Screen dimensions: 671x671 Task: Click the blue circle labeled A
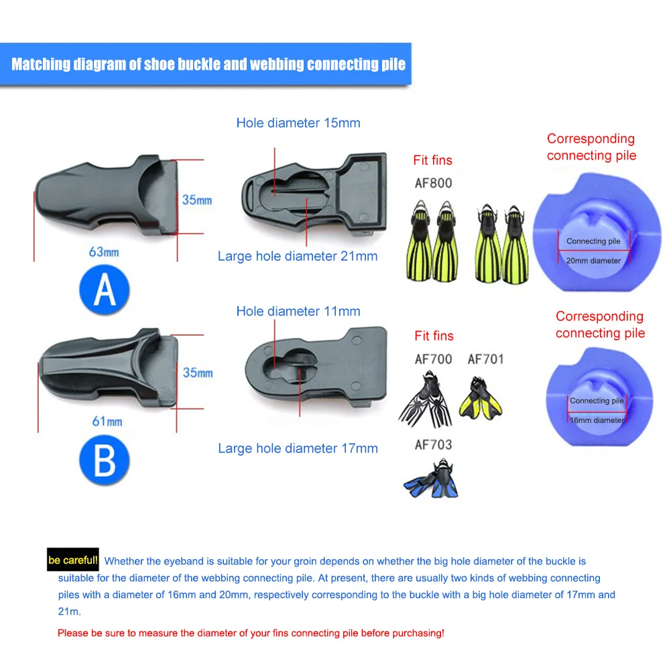pos(105,290)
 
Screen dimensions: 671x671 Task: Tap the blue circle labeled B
pos(105,462)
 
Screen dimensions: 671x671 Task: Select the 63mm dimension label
pos(104,252)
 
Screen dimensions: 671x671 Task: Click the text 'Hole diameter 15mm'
pos(298,123)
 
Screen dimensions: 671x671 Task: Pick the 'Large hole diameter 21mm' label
pos(298,256)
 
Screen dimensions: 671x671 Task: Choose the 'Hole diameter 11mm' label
pos(298,311)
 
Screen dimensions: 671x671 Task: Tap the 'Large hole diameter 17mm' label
pos(298,448)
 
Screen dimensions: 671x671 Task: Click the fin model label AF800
pos(433,183)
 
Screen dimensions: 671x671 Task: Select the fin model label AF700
pos(433,359)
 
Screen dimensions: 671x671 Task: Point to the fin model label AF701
pos(485,359)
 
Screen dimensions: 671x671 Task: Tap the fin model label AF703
pos(433,444)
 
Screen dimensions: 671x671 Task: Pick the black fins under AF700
pos(426,403)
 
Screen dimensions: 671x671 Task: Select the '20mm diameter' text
pos(594,261)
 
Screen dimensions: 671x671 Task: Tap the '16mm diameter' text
pos(597,420)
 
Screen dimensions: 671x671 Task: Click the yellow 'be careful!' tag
pos(73,560)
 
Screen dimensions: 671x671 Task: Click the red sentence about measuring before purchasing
pos(251,632)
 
